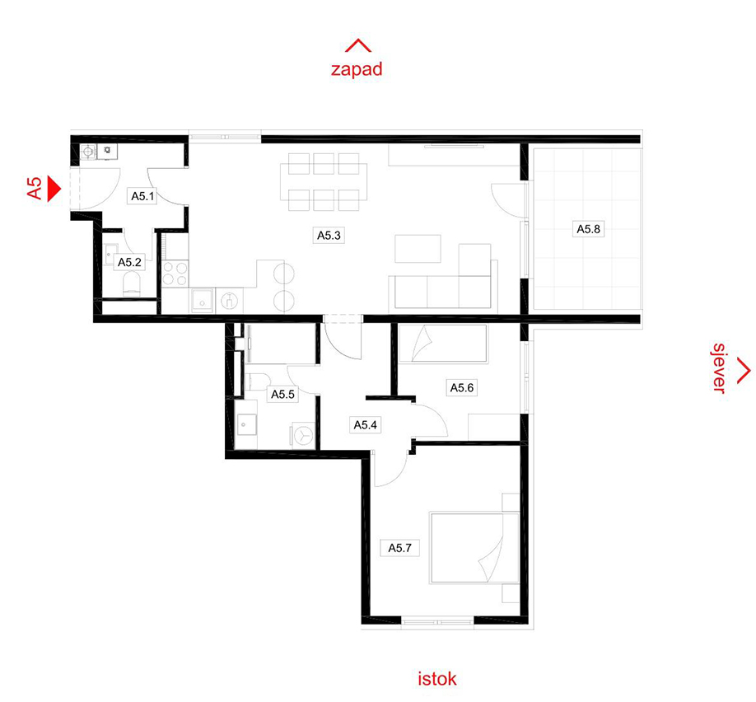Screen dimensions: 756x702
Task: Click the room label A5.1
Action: (142, 196)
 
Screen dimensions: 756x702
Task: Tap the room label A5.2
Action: (129, 262)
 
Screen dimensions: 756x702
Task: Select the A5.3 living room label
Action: (329, 236)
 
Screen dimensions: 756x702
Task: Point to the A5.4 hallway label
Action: (365, 425)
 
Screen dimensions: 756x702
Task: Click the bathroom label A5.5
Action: (282, 394)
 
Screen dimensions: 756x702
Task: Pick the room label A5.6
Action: (461, 387)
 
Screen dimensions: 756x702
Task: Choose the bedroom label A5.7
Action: (399, 548)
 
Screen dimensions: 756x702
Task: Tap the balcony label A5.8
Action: (588, 229)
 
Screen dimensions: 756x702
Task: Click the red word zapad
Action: (357, 69)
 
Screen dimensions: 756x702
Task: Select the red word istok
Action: (436, 679)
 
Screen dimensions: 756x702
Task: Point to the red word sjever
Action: (719, 368)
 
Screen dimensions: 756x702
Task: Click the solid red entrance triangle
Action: (54, 190)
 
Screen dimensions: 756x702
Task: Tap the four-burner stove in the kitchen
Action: (175, 274)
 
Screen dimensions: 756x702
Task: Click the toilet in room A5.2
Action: (132, 284)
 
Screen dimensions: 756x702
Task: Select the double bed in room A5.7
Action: (474, 548)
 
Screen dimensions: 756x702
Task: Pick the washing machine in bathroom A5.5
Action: (303, 436)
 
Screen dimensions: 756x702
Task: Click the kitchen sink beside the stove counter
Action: (202, 300)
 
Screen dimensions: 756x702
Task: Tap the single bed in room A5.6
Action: (443, 344)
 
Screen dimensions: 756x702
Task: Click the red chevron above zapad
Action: (357, 45)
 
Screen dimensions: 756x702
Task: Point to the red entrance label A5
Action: (35, 188)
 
